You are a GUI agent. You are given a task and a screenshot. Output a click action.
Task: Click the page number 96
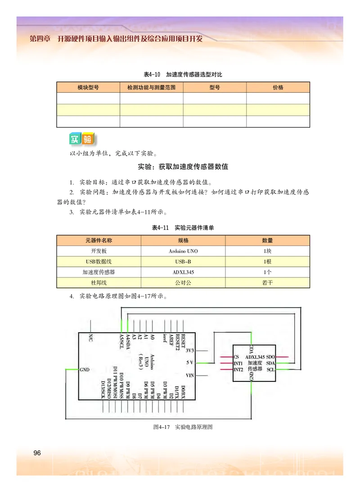click(37, 452)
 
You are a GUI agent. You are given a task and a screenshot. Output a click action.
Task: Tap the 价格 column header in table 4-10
click(278, 87)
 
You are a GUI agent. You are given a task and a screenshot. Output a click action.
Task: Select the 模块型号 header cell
click(88, 87)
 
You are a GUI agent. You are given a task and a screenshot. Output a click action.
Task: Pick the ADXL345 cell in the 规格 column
click(183, 272)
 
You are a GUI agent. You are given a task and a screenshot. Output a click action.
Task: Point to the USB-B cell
click(183, 261)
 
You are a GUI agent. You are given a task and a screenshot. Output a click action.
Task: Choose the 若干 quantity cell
click(267, 282)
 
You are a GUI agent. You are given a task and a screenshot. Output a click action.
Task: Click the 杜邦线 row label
click(99, 282)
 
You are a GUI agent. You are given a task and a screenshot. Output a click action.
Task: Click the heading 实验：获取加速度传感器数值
click(183, 167)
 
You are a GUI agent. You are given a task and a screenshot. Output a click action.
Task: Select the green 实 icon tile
click(75, 139)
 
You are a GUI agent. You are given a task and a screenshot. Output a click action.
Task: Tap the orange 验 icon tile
click(88, 139)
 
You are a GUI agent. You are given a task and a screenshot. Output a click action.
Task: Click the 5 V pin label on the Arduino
click(189, 362)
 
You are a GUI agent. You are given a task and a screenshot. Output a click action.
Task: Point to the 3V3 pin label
click(189, 350)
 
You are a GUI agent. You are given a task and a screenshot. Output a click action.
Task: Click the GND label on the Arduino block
click(85, 370)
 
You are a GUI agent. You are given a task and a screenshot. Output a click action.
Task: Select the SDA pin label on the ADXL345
click(270, 362)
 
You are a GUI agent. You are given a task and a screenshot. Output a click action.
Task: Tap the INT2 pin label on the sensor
click(238, 369)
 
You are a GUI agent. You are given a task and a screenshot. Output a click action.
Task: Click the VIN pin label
click(189, 375)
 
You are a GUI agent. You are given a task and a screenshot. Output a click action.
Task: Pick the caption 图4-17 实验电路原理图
click(183, 427)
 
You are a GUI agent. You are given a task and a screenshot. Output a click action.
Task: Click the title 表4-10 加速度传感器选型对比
click(183, 75)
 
